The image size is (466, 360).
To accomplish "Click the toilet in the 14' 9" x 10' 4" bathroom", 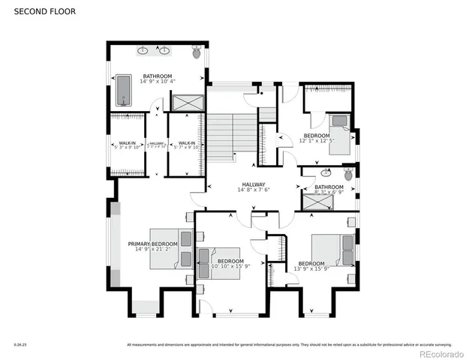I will [x=197, y=52].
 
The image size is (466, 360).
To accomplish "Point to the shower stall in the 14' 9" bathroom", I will [x=187, y=103].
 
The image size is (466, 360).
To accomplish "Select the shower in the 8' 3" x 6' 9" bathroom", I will [x=314, y=199].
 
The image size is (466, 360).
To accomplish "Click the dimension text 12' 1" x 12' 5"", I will [x=314, y=140].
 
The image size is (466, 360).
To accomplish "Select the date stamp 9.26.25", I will [x=20, y=345].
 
